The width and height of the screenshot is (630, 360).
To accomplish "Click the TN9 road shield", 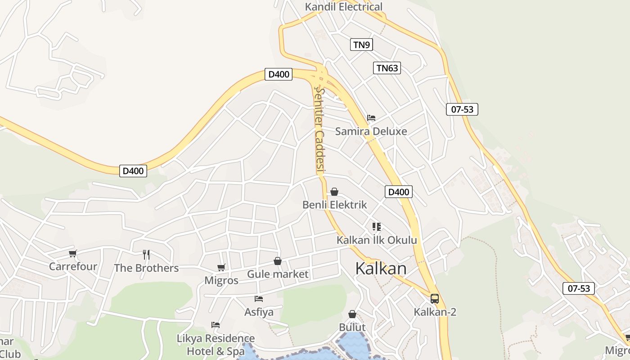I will (x=361, y=45).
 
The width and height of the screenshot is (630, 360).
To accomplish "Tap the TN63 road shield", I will (x=387, y=68).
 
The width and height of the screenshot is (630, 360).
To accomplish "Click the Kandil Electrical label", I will (x=343, y=7).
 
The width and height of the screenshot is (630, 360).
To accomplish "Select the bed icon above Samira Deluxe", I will (x=371, y=118).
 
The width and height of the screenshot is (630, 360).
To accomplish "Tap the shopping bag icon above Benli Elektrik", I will (x=334, y=192).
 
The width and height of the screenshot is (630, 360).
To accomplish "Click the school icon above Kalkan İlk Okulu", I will (x=377, y=227).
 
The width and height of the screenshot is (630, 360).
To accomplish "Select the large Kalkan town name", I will (x=381, y=269).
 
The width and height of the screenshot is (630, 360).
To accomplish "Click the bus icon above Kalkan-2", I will (x=435, y=298).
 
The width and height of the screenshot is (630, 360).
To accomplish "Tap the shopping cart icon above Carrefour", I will (x=73, y=254).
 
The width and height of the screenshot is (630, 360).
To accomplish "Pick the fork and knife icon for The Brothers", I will (x=146, y=255).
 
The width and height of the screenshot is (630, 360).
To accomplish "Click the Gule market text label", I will (x=278, y=274).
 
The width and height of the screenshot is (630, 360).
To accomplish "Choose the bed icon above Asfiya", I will (x=259, y=298).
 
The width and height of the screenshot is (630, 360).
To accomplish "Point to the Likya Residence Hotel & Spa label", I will (x=216, y=345).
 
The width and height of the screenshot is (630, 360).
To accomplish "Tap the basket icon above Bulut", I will (x=352, y=314).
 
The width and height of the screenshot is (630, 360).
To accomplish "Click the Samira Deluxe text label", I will (x=371, y=131).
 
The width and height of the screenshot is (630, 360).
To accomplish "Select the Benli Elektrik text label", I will (x=334, y=205).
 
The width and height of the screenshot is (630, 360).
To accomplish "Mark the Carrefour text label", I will (x=73, y=266).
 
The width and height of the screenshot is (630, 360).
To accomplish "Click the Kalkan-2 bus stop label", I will (x=435, y=311).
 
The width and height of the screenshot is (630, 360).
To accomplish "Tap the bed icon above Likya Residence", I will (x=216, y=325).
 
